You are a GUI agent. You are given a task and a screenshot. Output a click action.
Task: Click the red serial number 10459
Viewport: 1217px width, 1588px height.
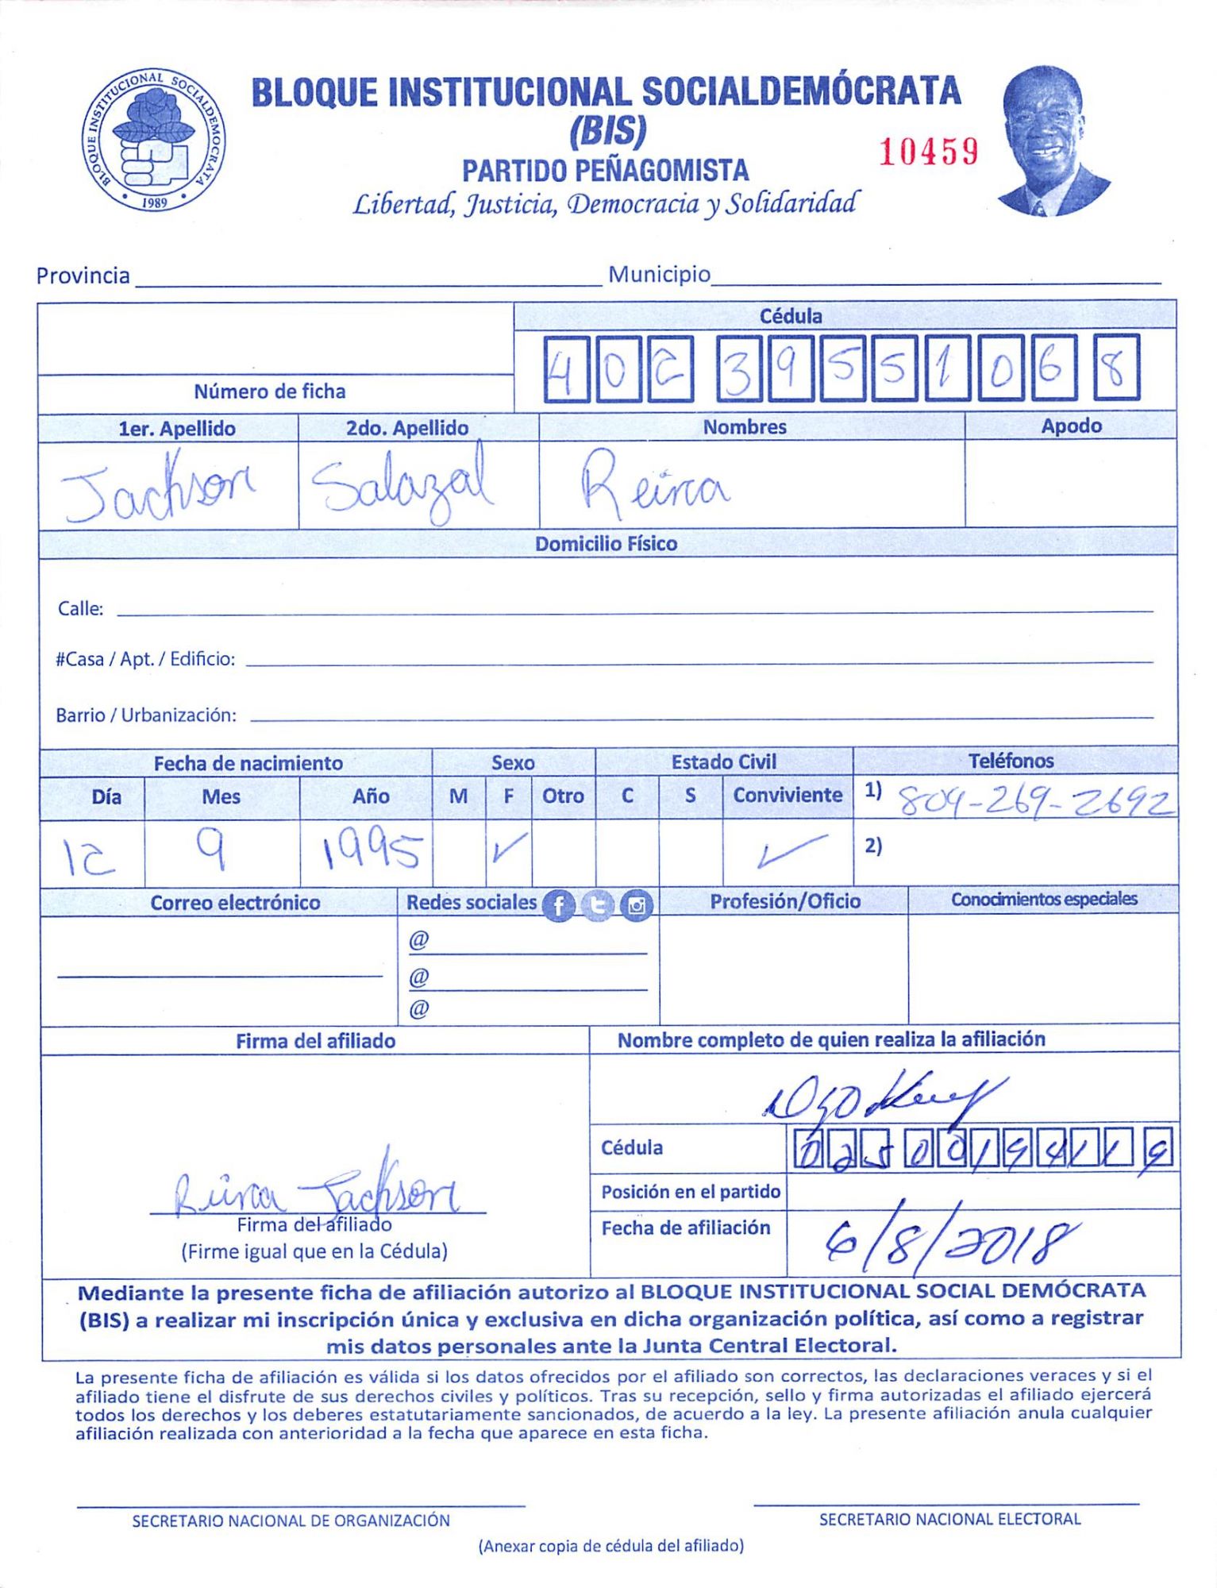pos(928,151)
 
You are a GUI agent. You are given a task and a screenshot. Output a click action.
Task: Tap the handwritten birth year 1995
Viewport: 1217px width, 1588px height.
pos(370,851)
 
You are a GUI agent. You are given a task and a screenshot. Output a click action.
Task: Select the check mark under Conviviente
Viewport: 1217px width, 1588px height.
pos(789,851)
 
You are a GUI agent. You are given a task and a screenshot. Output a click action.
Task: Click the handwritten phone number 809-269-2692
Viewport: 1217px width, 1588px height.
pos(1035,804)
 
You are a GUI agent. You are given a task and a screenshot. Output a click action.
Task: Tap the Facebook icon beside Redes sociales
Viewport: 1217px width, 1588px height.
pos(558,906)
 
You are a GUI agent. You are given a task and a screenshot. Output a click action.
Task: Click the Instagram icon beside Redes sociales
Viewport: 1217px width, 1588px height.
pos(636,905)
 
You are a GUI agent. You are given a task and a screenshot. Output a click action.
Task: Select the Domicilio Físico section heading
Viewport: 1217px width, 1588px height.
pos(606,544)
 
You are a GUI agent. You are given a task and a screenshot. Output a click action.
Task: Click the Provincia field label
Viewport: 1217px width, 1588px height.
pos(83,276)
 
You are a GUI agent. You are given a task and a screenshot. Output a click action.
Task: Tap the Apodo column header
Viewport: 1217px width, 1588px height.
pos(1071,426)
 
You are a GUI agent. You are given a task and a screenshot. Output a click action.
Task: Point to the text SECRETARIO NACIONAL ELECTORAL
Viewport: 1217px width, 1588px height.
pos(949,1519)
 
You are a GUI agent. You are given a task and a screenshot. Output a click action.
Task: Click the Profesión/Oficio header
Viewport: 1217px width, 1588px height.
pos(784,901)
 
